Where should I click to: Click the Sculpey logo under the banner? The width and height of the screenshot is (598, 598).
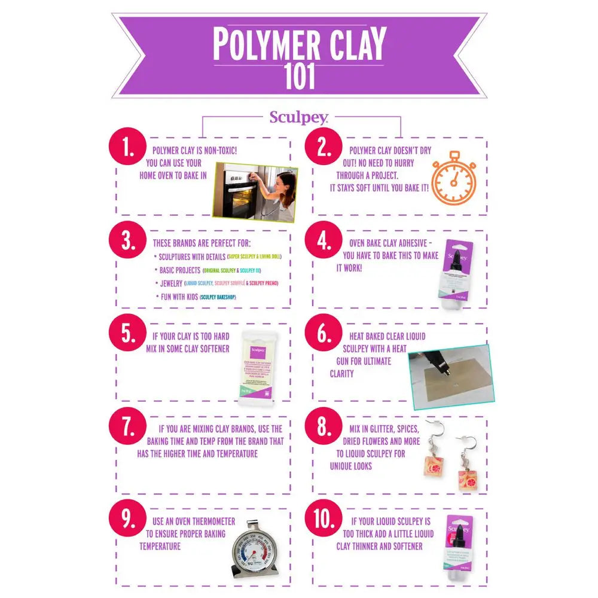tap(298, 117)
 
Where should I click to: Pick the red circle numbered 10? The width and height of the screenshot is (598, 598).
tap(324, 520)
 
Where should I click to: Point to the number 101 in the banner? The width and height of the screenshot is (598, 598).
tap(298, 76)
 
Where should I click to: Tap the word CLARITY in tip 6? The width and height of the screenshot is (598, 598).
tap(341, 374)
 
